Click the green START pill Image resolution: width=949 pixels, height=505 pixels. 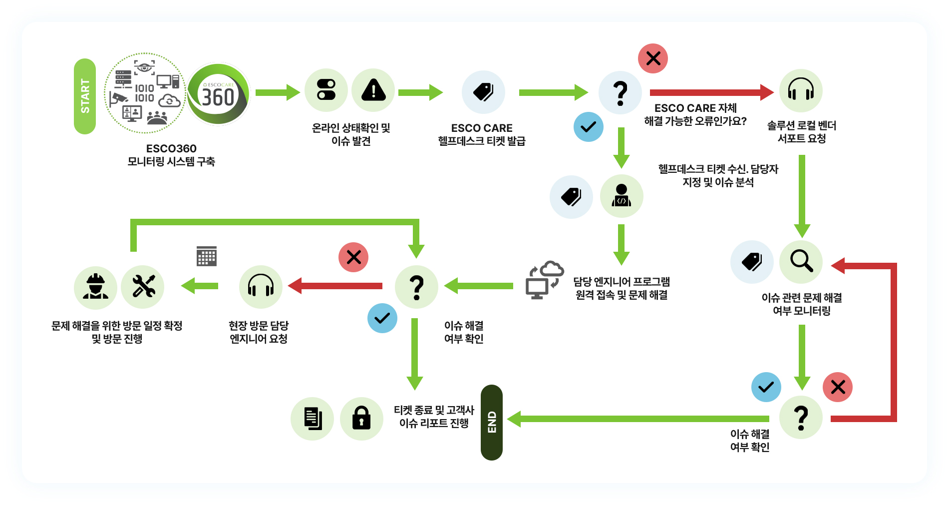pos(85,96)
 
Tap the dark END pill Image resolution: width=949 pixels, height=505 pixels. pos(492,422)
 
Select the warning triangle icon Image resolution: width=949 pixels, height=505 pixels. pos(373,90)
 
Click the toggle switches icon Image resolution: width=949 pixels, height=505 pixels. pos(326,90)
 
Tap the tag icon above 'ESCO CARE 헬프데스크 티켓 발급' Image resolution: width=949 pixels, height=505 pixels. pos(483,92)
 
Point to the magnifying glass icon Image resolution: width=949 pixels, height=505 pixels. pos(801,261)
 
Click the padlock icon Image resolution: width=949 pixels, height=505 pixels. pos(361,419)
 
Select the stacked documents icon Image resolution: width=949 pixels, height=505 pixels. pos(313,419)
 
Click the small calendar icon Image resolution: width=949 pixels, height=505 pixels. pos(207,256)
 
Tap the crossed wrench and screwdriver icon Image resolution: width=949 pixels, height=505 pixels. pos(143,287)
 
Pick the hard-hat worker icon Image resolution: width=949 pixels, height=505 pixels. pos(95,287)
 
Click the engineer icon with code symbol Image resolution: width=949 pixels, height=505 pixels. pos(622,196)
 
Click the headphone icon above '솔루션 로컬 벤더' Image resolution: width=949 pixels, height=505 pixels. pos(801,90)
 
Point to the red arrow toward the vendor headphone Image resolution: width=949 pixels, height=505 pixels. pos(712,92)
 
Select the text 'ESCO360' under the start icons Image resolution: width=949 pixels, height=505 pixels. pos(171,148)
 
